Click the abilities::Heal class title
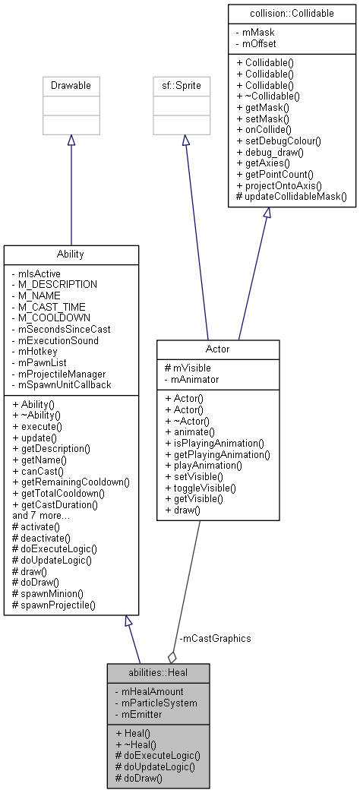pyautogui.click(x=158, y=672)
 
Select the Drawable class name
pyautogui.click(x=71, y=86)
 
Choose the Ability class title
pyautogui.click(x=71, y=254)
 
